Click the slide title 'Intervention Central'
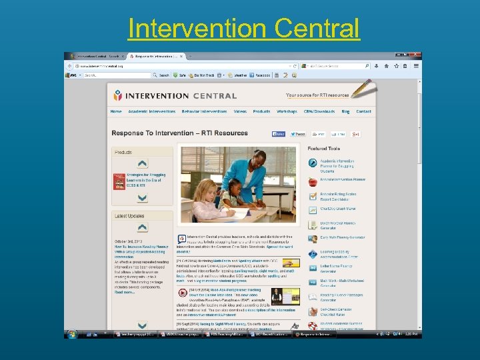(243, 29)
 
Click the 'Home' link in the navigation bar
(116, 111)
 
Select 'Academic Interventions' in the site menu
(152, 111)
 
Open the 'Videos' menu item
(240, 111)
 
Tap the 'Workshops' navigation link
(287, 111)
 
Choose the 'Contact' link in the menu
(363, 111)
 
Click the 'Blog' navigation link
(345, 111)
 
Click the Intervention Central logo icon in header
(118, 95)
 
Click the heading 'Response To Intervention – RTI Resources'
(179, 133)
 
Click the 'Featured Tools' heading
(324, 149)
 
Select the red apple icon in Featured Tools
(313, 180)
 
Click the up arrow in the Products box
(142, 163)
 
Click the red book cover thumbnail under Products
(119, 181)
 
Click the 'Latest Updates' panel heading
(130, 216)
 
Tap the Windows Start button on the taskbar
(71, 333)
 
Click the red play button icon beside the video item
(182, 293)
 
